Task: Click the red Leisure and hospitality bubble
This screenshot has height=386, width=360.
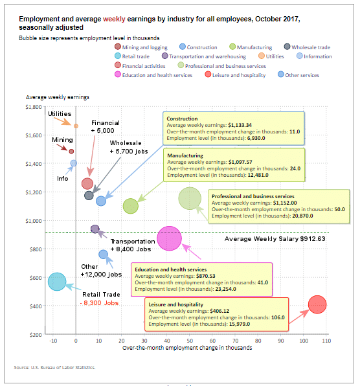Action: click(x=317, y=304)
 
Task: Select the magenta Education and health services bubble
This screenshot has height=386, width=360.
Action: click(x=169, y=238)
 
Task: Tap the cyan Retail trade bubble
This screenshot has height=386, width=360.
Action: click(x=57, y=282)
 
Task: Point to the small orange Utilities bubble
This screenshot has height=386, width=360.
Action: click(x=76, y=126)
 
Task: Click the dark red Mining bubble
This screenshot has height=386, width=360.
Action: click(x=71, y=152)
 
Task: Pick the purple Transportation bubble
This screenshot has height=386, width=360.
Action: click(x=95, y=229)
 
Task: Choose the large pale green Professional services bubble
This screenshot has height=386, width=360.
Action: click(x=190, y=198)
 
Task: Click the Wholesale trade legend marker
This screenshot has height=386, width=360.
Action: click(x=287, y=47)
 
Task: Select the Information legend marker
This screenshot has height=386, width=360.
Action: click(x=300, y=56)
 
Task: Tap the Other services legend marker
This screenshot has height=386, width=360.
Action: click(x=281, y=74)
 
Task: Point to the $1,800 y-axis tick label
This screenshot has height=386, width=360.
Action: click(x=34, y=107)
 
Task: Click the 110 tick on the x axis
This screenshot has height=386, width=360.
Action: click(x=326, y=341)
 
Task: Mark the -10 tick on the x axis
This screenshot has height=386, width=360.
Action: click(x=53, y=341)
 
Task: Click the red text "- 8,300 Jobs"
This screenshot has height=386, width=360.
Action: click(x=100, y=303)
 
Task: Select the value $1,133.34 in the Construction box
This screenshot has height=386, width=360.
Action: click(x=240, y=125)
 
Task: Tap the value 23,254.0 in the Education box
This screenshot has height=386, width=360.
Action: click(x=225, y=289)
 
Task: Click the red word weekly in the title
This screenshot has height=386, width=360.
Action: click(x=114, y=19)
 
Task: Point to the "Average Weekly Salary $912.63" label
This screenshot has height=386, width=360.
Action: click(x=275, y=239)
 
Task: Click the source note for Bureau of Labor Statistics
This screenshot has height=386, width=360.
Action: click(x=54, y=367)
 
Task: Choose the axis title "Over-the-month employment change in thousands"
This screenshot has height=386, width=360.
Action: click(x=187, y=348)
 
